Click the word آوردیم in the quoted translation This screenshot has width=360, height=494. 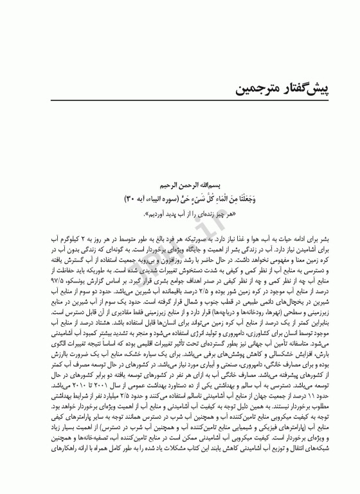tap(166, 213)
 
